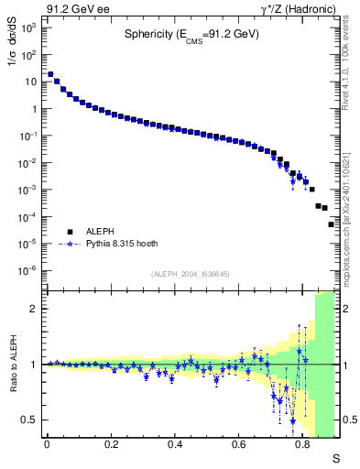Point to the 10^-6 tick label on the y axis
tap(28, 270)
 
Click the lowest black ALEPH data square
tap(332, 224)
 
